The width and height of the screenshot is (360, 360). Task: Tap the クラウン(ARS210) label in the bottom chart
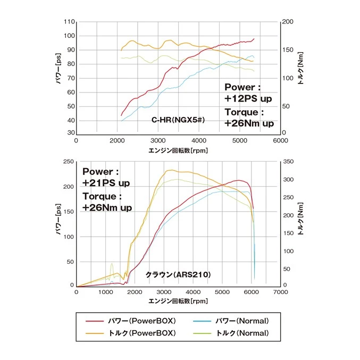point(178,275)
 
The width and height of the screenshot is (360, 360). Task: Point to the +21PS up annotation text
point(106,183)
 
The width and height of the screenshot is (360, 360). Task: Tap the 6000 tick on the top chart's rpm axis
point(280,141)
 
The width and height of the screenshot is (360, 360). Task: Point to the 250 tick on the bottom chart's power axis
point(67,162)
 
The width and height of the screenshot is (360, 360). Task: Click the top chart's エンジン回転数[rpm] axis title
point(178,150)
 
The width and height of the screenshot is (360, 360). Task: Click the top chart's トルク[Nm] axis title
point(301,69)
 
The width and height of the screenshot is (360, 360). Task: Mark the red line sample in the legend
point(94,321)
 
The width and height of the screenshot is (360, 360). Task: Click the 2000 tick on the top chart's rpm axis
point(117,141)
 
